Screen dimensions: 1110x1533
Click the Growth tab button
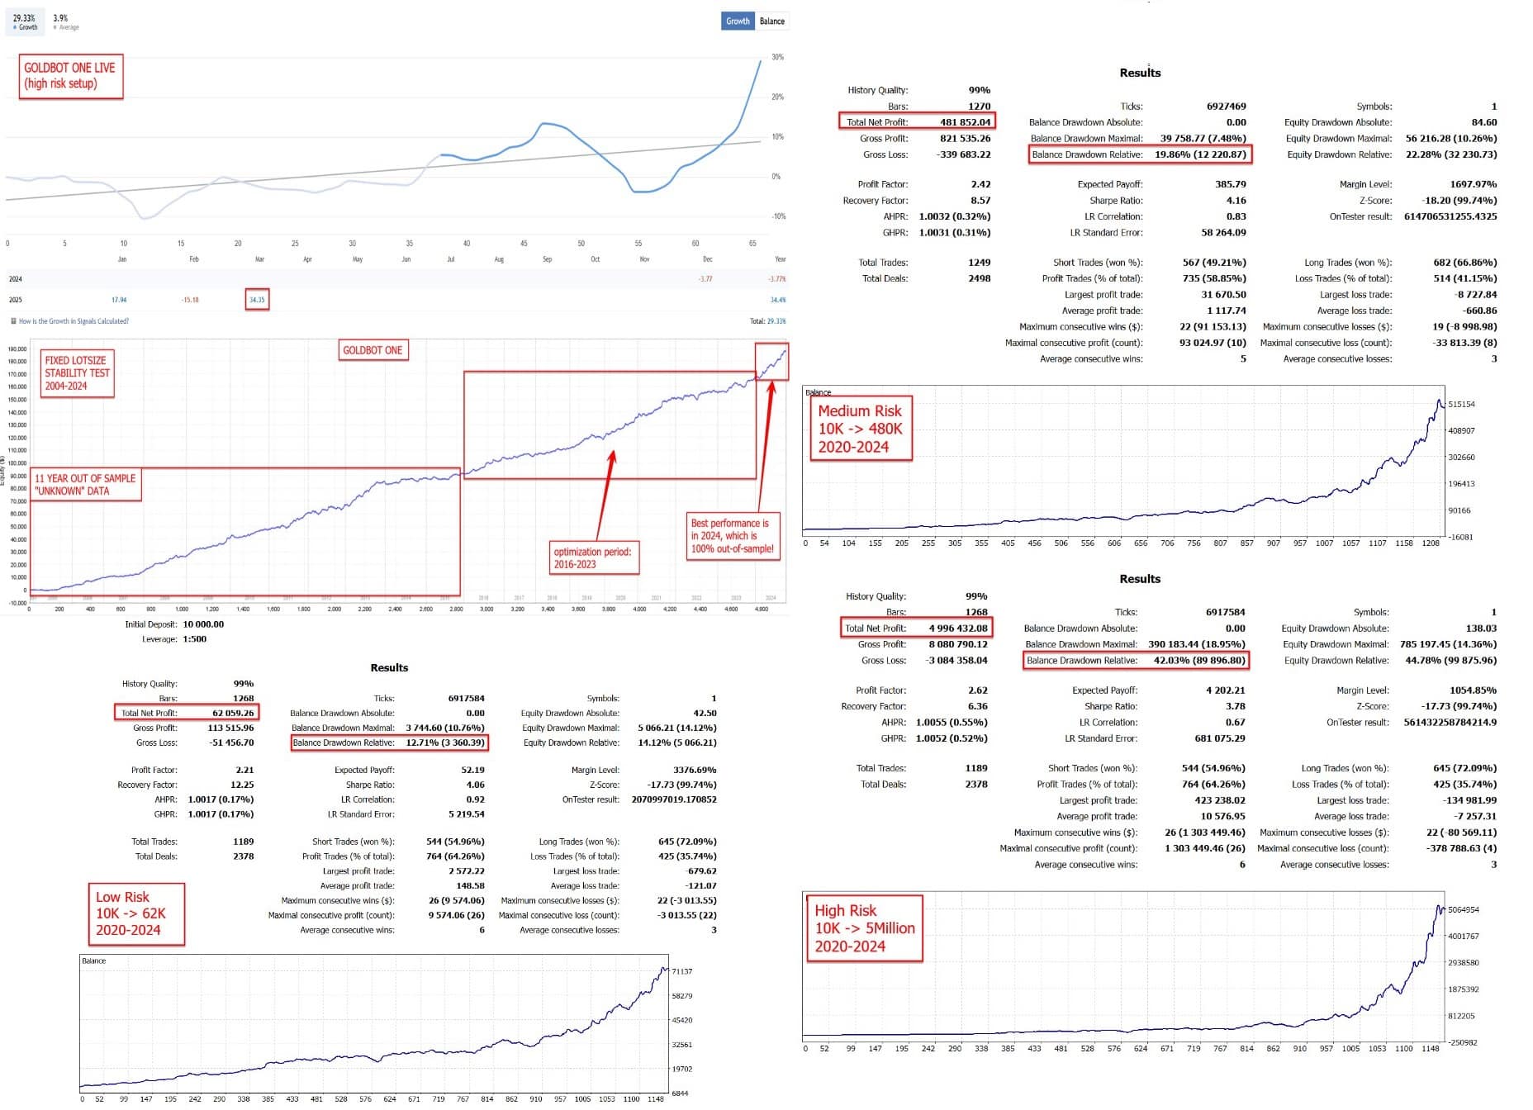click(x=738, y=21)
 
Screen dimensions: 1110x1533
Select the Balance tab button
click(x=772, y=21)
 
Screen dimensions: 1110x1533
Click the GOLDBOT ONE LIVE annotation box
click(x=71, y=76)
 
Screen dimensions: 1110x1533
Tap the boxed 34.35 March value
click(x=257, y=300)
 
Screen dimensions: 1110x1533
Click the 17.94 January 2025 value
click(x=119, y=300)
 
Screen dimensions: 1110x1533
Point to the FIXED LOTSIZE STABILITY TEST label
click(x=77, y=373)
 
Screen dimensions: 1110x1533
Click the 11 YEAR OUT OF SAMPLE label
click(x=85, y=485)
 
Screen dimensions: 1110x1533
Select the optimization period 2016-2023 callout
click(x=592, y=558)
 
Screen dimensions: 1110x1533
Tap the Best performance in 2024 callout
click(x=733, y=536)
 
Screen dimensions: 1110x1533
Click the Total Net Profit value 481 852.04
click(x=965, y=122)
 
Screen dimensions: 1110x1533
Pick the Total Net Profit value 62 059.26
click(x=233, y=713)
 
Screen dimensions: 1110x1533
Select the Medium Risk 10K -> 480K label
click(x=860, y=429)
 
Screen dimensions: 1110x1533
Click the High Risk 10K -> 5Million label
click(x=864, y=928)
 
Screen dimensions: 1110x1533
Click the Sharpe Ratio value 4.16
click(x=1236, y=201)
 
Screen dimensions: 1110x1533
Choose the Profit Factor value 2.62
click(x=977, y=690)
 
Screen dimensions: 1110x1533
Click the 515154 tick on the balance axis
click(x=1461, y=405)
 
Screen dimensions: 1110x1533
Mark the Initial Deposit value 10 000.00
click(x=203, y=624)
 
